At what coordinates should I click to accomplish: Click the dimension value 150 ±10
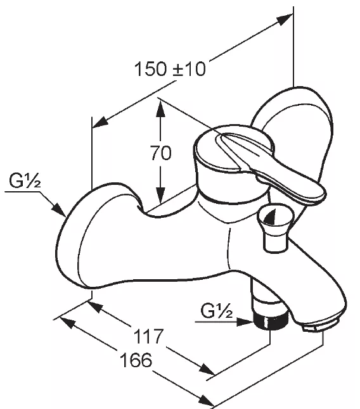coord(170,69)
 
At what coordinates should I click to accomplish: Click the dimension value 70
coord(161,153)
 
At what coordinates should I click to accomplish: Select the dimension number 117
coord(148,336)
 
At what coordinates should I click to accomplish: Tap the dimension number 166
coord(136,360)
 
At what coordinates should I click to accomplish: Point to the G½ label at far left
coord(25,180)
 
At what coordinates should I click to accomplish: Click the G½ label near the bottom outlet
coord(216,311)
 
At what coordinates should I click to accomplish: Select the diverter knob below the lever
coord(276,227)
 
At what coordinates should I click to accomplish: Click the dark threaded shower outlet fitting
coord(271,322)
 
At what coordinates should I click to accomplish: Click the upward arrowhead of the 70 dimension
coord(160,109)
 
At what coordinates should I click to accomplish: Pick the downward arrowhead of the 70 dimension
coord(160,194)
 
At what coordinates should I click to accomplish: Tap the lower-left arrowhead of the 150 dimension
coord(101,123)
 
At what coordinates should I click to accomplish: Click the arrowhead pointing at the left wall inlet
coord(59,210)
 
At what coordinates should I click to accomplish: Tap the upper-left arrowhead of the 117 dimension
coord(94,307)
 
